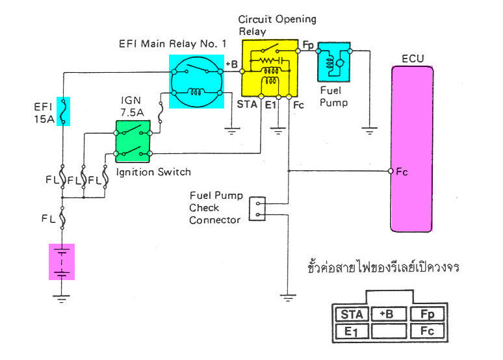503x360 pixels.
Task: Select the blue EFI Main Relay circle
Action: tap(196, 81)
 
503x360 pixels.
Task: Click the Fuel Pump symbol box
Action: tap(334, 63)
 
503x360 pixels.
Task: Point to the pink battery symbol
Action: tap(62, 261)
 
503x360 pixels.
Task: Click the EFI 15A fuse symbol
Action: tap(63, 110)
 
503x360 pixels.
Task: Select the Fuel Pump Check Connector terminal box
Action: tap(258, 209)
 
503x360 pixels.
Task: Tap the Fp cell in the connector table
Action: tap(427, 315)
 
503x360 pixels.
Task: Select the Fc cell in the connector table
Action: tap(427, 331)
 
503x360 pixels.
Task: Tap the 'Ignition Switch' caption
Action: tap(153, 172)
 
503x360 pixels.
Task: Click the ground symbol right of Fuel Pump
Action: tap(370, 130)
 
